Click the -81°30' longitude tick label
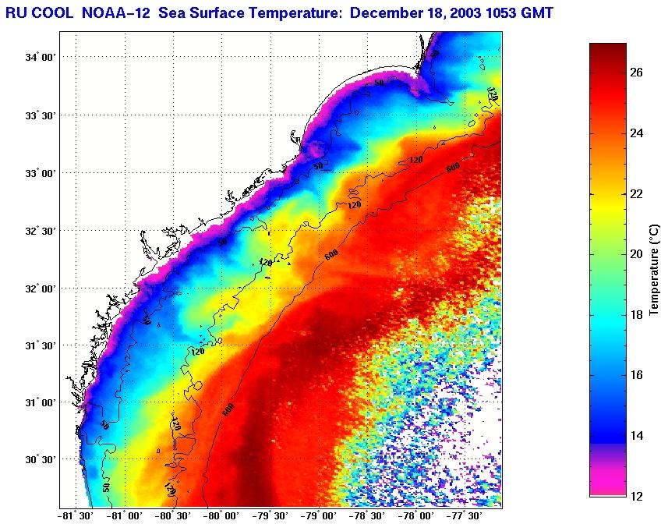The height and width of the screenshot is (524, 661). pyautogui.click(x=76, y=515)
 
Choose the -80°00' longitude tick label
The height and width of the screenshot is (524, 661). pyautogui.click(x=223, y=515)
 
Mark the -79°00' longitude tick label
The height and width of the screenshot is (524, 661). pyautogui.click(x=320, y=515)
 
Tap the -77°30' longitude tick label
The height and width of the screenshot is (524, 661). pyautogui.click(x=466, y=515)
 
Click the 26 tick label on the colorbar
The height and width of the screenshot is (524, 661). pyautogui.click(x=636, y=73)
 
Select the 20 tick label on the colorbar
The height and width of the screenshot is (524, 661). pyautogui.click(x=636, y=254)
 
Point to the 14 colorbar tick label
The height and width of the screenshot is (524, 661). pyautogui.click(x=636, y=435)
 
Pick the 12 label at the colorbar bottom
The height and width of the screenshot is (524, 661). pyautogui.click(x=636, y=496)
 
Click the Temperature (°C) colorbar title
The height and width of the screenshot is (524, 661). pyautogui.click(x=655, y=269)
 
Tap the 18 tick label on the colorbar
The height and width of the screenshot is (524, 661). pyautogui.click(x=636, y=314)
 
